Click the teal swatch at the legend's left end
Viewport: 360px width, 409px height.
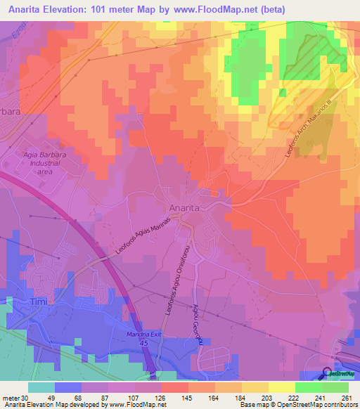41,387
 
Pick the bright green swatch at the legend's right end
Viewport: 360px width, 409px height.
335,387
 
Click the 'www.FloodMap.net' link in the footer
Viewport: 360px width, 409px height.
137,405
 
